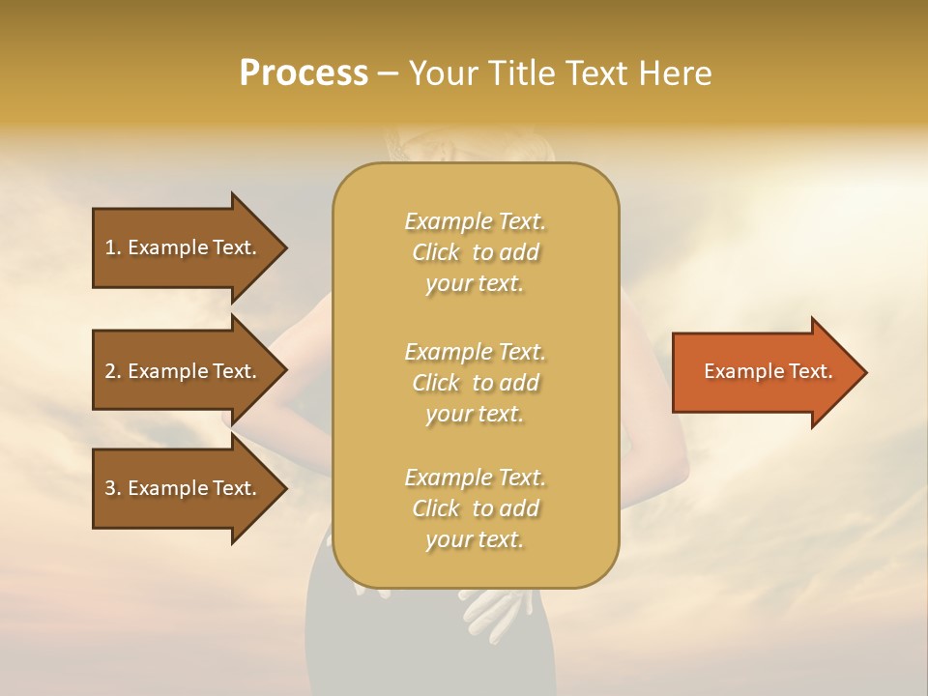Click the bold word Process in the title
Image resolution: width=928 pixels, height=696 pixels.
304,73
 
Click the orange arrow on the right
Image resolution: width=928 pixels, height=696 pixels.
764,372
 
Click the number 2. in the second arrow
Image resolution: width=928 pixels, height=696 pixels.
113,371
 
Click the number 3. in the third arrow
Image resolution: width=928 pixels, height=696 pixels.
113,488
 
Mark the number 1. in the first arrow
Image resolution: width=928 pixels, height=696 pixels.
112,247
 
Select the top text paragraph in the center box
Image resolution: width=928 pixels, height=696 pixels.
475,252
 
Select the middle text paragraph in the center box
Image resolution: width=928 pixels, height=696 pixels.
475,383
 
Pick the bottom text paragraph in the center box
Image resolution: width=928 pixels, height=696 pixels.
475,508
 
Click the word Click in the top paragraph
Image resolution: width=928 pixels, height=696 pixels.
436,252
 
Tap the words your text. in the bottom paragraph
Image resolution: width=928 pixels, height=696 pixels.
475,539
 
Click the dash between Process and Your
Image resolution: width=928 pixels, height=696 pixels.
388,73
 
